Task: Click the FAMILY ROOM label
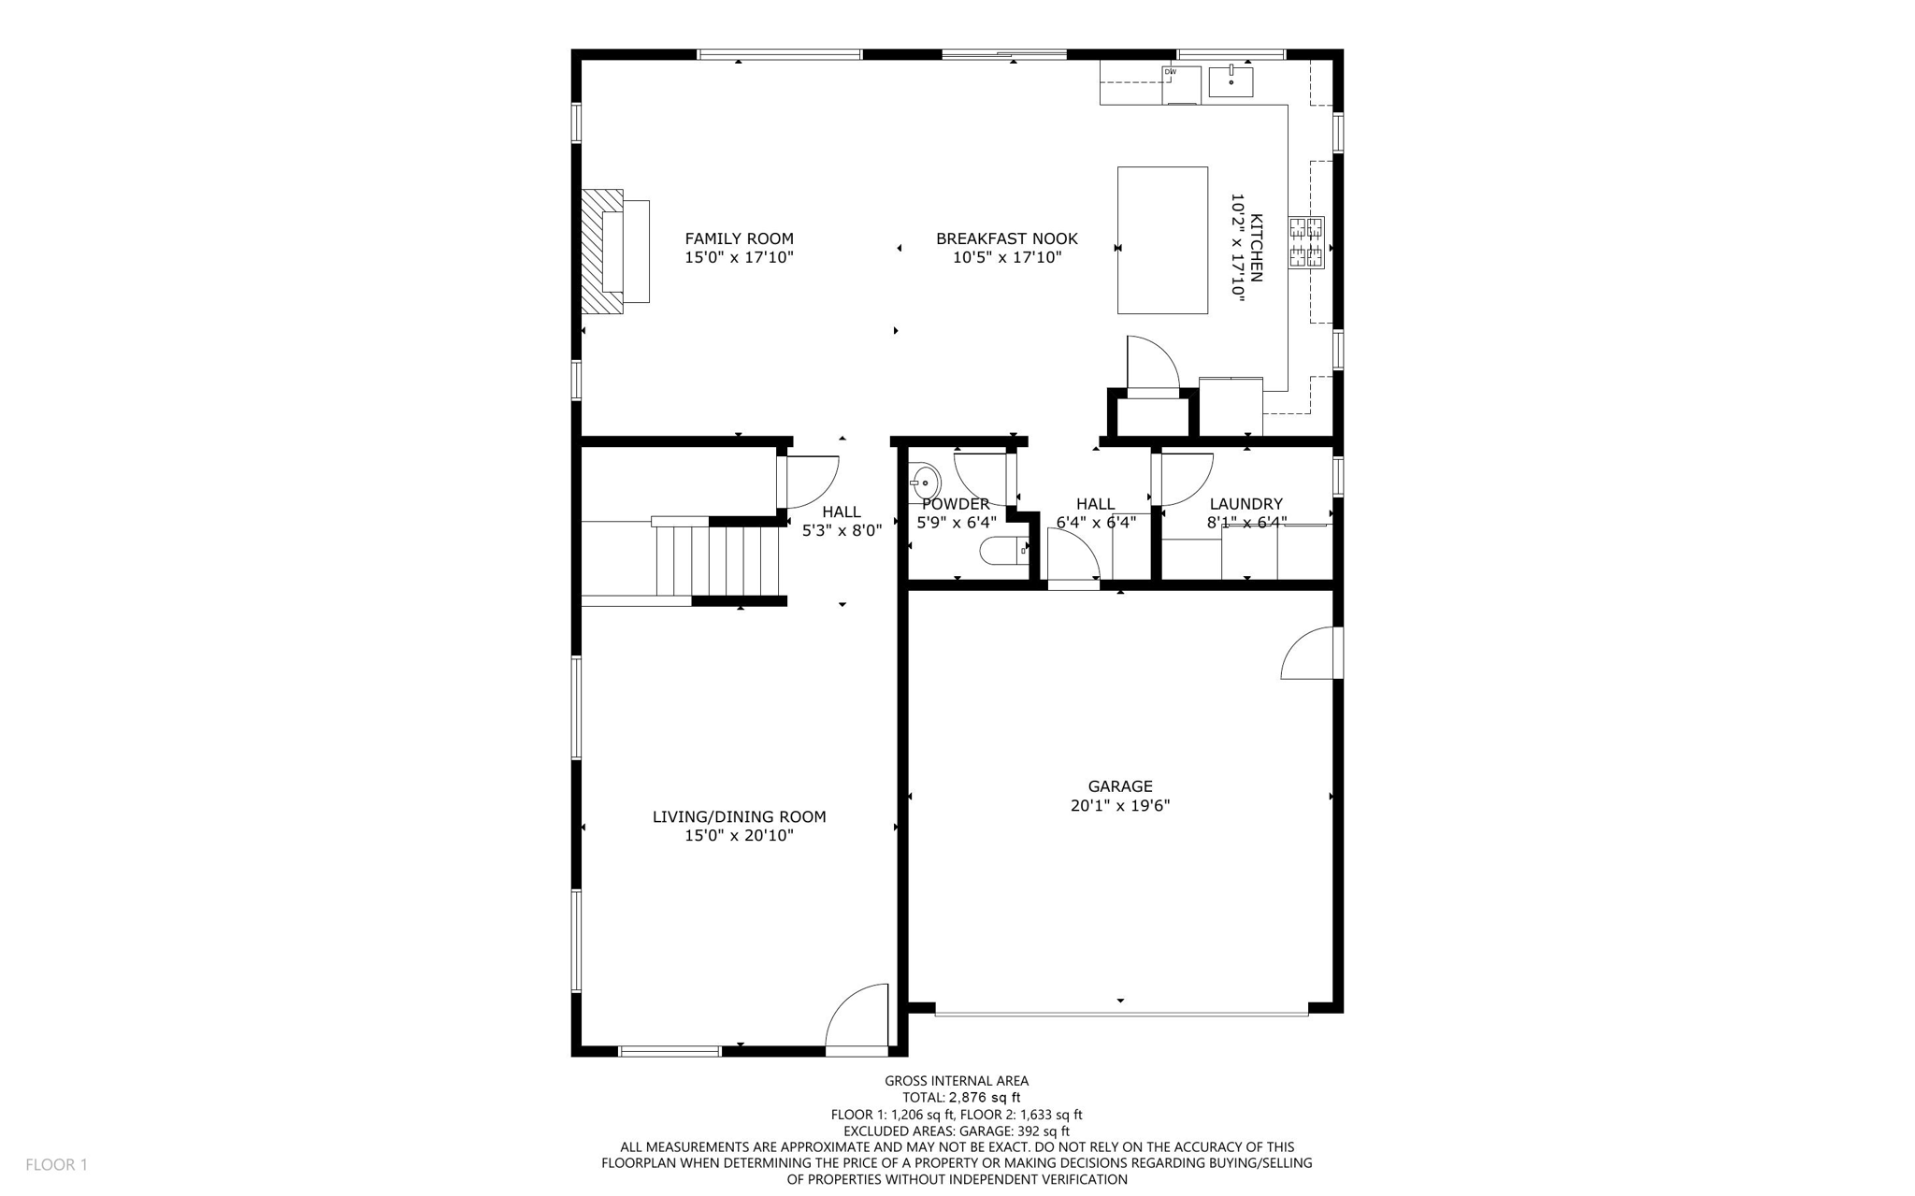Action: click(739, 238)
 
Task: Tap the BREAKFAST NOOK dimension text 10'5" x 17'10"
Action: click(1007, 257)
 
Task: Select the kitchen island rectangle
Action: click(1162, 240)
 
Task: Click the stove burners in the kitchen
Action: click(1306, 242)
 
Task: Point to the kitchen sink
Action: click(1231, 81)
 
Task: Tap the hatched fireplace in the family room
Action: click(602, 251)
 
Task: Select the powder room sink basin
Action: click(926, 483)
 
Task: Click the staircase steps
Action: click(718, 561)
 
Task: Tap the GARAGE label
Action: click(1119, 786)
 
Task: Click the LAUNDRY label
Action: click(1245, 504)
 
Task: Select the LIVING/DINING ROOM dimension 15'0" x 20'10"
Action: click(739, 835)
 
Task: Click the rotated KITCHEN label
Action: click(1256, 248)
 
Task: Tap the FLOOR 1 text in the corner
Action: click(56, 1164)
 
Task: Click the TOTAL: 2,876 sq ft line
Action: click(960, 1098)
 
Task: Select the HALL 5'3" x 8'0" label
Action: click(842, 521)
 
